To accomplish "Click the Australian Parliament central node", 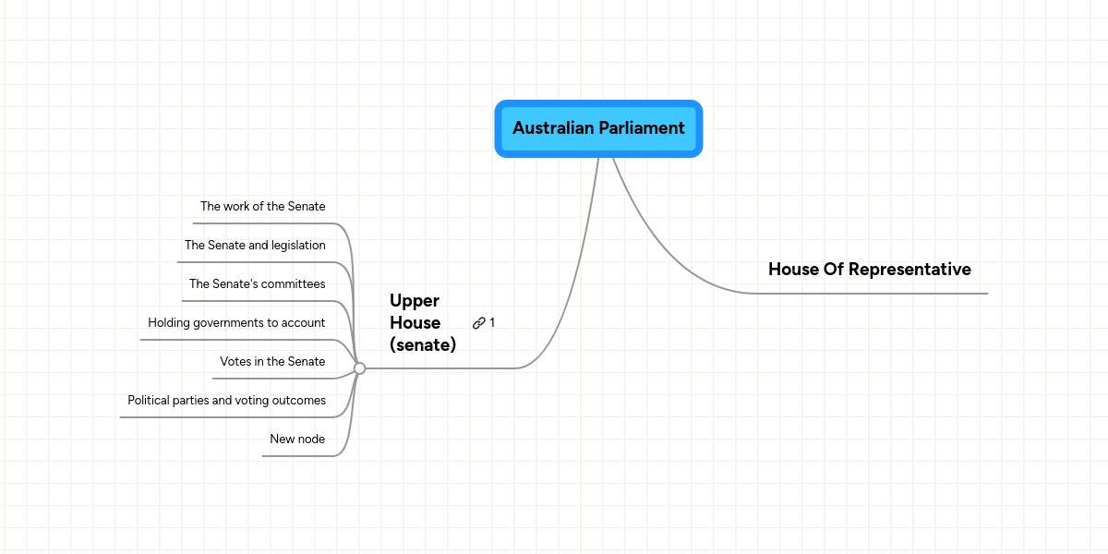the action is (x=598, y=128).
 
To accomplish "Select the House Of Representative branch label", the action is (x=869, y=270).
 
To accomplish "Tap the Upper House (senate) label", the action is (x=422, y=323).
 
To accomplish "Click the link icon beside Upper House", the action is (x=479, y=323).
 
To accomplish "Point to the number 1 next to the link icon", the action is (x=492, y=323).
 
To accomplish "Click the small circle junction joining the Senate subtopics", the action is (x=359, y=368).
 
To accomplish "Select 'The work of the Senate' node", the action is (x=263, y=207).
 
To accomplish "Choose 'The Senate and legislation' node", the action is (x=255, y=246).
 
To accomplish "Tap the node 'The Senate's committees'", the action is (x=258, y=284).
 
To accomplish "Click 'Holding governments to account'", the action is (x=236, y=323).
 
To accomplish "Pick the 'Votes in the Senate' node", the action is (x=272, y=362).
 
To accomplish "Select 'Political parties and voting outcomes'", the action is (x=226, y=401).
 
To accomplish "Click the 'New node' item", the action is (x=297, y=440).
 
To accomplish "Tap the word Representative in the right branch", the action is (x=909, y=270).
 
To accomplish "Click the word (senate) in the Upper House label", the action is (x=423, y=345).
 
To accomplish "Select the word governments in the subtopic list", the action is (x=235, y=323).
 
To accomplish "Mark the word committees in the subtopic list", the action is (x=293, y=284).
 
